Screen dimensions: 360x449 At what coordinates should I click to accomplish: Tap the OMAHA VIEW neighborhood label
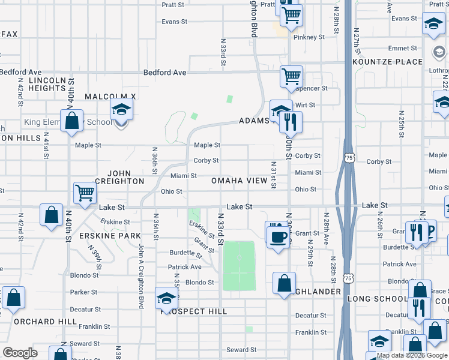pos(239,181)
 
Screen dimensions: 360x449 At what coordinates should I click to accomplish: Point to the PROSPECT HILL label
pos(193,311)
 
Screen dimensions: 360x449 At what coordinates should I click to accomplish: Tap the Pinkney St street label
pos(309,37)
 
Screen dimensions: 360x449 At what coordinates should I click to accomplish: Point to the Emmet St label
pos(402,48)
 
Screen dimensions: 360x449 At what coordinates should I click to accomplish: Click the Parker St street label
pos(84,292)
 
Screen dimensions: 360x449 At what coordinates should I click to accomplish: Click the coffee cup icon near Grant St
pos(277,236)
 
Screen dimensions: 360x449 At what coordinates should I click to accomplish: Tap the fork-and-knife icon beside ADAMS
pos(291,122)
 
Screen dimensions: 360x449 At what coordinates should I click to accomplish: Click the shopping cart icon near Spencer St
pos(291,77)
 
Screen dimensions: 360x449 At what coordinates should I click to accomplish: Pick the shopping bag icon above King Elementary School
pos(71,120)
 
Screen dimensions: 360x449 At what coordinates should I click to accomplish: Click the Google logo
pos(20,353)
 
